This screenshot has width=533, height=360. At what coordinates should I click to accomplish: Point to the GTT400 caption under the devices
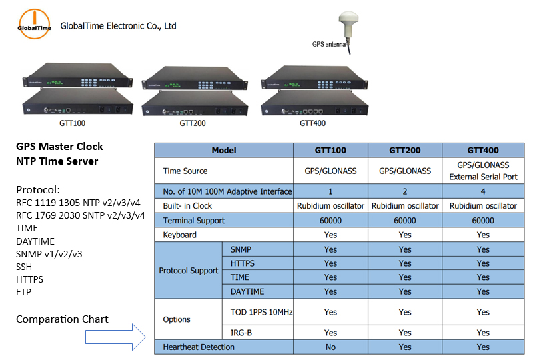(312, 123)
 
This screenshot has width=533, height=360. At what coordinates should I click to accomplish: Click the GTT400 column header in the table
(483, 150)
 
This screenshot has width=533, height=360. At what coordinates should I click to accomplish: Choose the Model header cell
(224, 150)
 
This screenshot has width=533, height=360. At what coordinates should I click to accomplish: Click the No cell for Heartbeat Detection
(330, 347)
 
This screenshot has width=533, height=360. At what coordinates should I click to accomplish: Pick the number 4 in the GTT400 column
(483, 191)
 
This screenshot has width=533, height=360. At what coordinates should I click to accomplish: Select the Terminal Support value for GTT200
(405, 221)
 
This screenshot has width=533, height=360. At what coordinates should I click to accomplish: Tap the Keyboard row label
(181, 235)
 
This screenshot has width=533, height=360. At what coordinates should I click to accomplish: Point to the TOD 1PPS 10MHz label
(261, 312)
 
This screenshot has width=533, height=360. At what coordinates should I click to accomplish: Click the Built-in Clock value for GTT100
(330, 206)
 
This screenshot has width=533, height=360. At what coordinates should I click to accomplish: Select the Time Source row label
(185, 171)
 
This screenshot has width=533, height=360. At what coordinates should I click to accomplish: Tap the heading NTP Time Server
(57, 161)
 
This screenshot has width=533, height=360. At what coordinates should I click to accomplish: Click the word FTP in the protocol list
(24, 292)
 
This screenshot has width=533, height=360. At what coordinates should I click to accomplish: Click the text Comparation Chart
(63, 319)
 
